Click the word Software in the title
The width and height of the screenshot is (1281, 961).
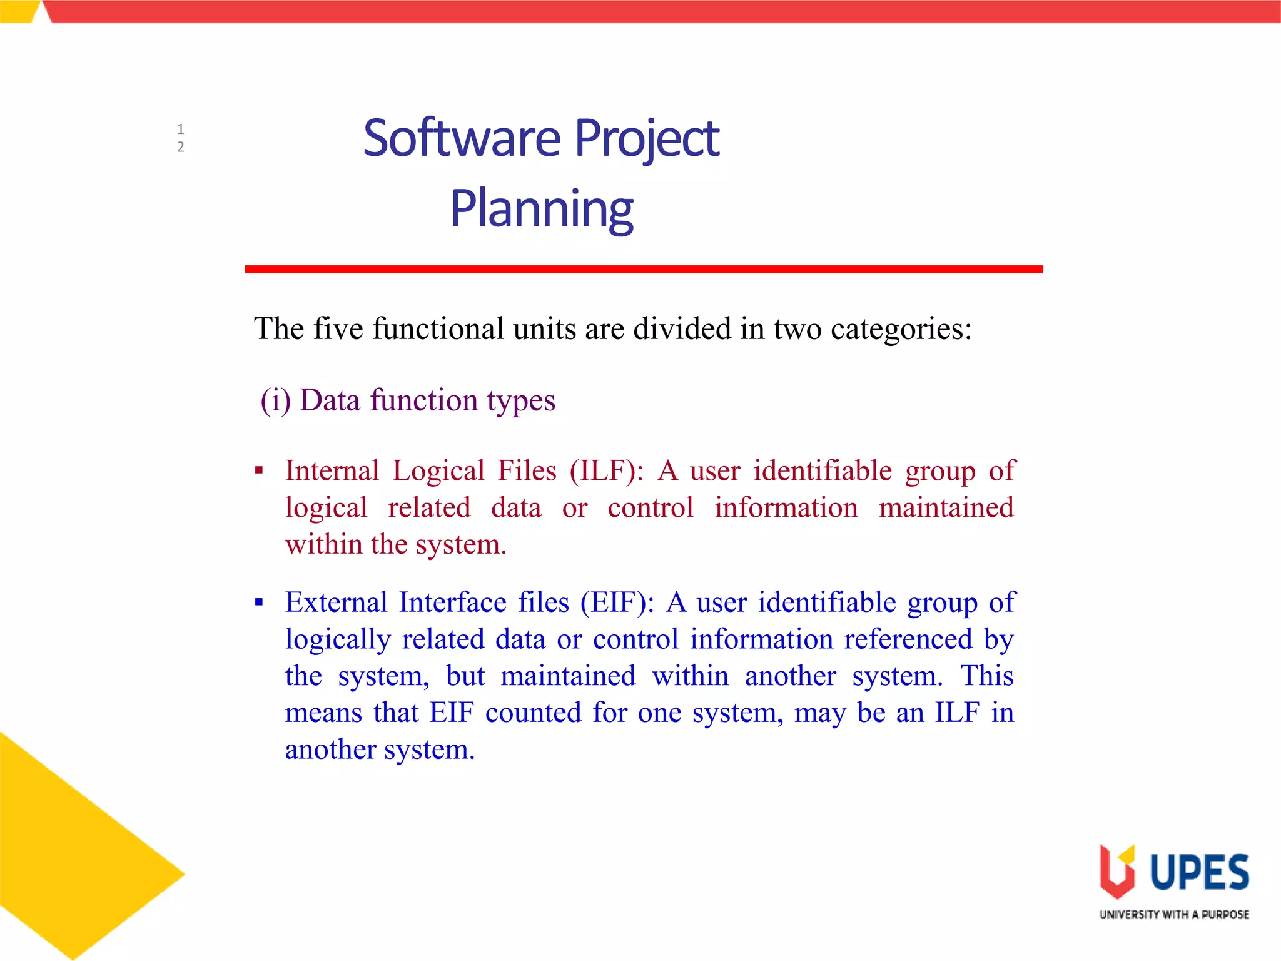[x=462, y=138]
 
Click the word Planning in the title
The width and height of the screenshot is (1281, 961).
[x=542, y=209]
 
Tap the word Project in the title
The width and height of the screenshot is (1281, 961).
[x=647, y=138]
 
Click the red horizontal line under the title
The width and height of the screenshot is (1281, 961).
[x=643, y=269]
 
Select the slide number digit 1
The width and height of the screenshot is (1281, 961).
[x=180, y=130]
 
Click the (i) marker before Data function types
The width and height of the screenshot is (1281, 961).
[x=275, y=400]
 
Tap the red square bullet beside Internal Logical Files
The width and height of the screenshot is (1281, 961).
[x=259, y=470]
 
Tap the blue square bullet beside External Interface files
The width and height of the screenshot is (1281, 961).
[x=259, y=603]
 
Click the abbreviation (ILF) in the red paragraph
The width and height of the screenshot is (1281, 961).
[x=605, y=470]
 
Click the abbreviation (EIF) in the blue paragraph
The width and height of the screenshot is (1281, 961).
[x=616, y=603]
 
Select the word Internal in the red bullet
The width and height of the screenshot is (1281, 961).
[x=332, y=470]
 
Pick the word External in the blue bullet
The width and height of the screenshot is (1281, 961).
[x=337, y=603]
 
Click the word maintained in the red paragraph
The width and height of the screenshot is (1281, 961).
[x=946, y=507]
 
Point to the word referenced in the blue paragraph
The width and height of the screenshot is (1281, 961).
[x=908, y=639]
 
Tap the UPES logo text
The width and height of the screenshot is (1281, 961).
[x=1199, y=872]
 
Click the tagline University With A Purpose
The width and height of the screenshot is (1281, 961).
[x=1174, y=915]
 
